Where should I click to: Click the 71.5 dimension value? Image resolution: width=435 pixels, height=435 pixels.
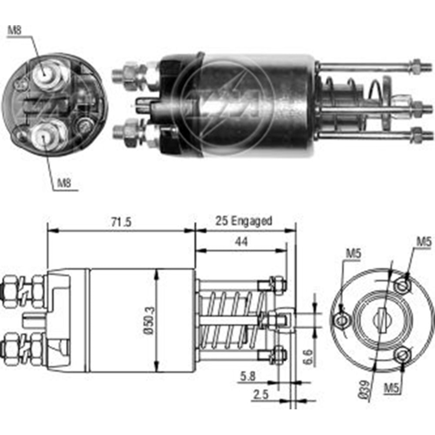(120, 222)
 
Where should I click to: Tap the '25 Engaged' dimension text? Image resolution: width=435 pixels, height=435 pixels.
(244, 221)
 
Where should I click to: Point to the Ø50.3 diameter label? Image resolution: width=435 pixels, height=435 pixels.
(149, 321)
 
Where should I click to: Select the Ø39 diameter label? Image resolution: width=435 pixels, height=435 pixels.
(366, 387)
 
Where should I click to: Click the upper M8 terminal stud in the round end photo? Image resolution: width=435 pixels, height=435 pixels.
(45, 77)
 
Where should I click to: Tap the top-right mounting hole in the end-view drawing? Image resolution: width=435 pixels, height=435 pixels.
(402, 285)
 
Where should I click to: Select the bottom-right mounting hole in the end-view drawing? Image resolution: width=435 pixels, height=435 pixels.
(402, 355)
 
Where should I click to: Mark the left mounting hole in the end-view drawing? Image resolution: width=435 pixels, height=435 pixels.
(342, 320)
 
